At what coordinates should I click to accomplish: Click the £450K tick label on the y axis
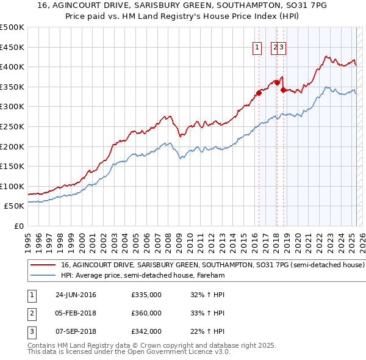pos(12,47)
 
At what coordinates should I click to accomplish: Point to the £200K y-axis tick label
pos(12,146)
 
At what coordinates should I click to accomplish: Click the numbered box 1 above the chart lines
pos(257,46)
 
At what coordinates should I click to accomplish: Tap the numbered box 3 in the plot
pos(282,46)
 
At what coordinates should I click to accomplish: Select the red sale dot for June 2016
pos(259,93)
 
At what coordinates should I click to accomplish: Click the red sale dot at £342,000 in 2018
pos(283,90)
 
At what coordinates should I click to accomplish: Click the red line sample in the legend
pos(43,265)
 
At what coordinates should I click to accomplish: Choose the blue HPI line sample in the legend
pos(43,275)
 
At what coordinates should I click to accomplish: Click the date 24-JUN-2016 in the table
pos(76,295)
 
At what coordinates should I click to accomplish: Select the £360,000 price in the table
pos(146,313)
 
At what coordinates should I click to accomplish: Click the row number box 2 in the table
pos(31,313)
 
